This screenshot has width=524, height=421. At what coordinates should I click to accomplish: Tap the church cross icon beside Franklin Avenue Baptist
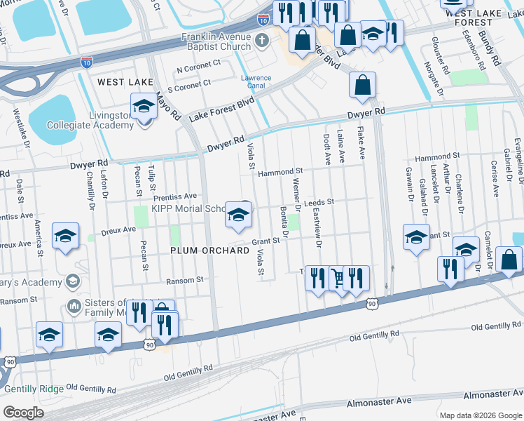[262, 40]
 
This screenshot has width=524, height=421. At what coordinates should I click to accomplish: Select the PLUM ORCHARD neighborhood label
[209, 250]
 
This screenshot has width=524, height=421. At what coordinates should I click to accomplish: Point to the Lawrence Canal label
[256, 82]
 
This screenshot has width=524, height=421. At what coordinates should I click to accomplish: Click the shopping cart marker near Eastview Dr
[338, 278]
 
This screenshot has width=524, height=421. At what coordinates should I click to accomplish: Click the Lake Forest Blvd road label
[221, 110]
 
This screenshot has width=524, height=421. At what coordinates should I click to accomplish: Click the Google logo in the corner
[23, 412]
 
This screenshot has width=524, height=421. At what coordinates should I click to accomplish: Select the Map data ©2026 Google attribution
[480, 415]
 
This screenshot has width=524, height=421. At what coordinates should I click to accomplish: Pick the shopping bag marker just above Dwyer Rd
[362, 86]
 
